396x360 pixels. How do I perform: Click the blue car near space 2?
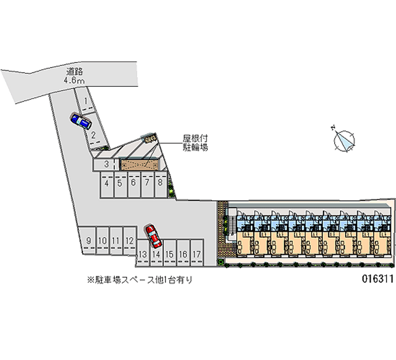[81, 120]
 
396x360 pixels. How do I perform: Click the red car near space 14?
[153, 236]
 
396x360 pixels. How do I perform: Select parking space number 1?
[86, 103]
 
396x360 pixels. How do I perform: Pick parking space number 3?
[106, 164]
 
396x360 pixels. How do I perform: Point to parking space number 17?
[197, 254]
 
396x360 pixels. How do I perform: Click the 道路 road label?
[76, 71]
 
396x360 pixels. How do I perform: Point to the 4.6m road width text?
[76, 80]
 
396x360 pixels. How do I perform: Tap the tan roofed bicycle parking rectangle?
[139, 165]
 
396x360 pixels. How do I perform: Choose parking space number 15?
[169, 254]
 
